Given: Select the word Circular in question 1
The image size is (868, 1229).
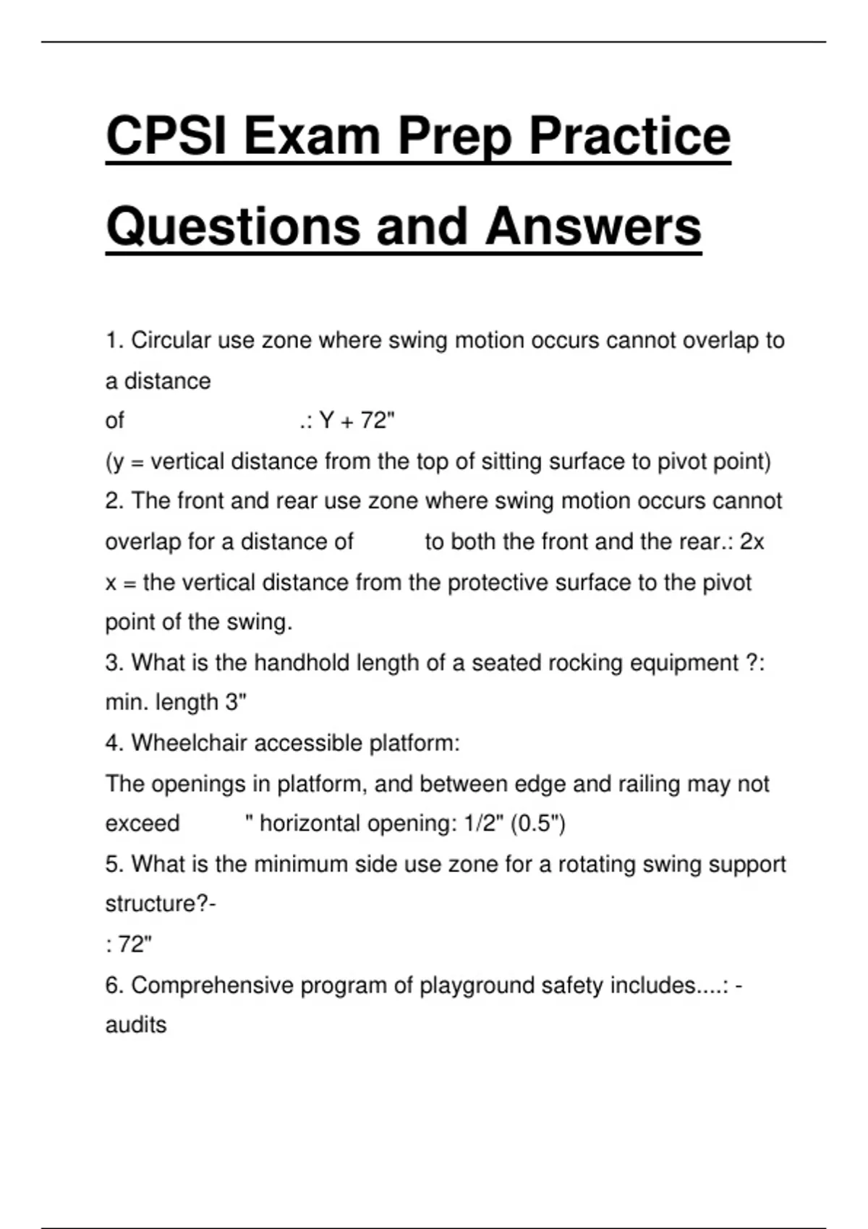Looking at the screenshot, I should (x=171, y=340).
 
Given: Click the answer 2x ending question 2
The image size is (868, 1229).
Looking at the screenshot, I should (x=752, y=541).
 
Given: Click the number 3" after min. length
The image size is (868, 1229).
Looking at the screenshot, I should (x=236, y=702).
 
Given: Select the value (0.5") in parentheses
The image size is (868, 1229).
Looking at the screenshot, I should (x=538, y=823).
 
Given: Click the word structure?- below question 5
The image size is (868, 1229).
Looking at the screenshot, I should (x=161, y=904).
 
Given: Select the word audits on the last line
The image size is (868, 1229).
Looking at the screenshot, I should (x=136, y=1024).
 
